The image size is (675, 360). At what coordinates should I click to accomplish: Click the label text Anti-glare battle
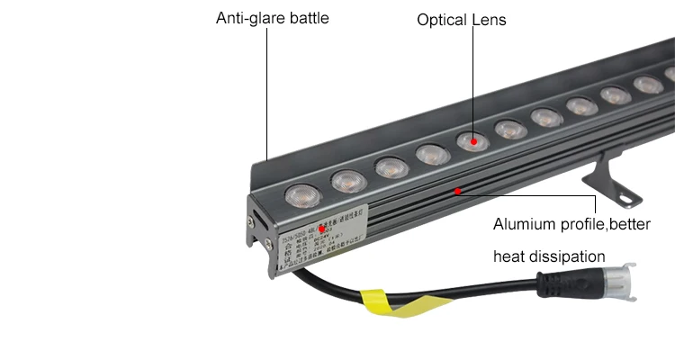(272, 18)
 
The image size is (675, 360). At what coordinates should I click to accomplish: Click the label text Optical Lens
(462, 19)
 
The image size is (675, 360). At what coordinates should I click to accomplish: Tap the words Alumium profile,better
(571, 223)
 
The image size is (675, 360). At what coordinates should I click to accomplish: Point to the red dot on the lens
(472, 141)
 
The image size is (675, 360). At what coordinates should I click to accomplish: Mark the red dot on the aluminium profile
(458, 191)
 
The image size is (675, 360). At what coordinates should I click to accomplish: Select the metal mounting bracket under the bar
(612, 175)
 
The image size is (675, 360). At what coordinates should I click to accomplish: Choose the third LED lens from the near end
(391, 166)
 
